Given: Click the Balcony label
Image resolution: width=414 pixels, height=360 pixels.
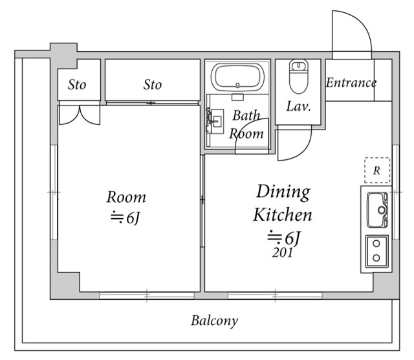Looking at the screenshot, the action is (x=214, y=321).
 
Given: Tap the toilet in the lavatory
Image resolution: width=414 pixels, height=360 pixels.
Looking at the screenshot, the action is (x=299, y=76).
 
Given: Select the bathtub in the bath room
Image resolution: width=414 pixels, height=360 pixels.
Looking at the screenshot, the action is (x=237, y=77).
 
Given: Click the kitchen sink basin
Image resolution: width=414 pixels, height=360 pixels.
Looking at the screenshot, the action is (x=377, y=210).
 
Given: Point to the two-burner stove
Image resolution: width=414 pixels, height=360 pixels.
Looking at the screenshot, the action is (x=376, y=251).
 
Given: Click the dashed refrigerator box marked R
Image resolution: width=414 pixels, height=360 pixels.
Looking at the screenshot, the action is (x=377, y=170).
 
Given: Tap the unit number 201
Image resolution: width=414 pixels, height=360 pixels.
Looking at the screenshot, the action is (x=282, y=253).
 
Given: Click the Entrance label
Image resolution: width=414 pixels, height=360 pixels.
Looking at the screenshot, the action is (x=351, y=83).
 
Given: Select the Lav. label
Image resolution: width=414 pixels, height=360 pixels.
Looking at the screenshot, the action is (x=298, y=107).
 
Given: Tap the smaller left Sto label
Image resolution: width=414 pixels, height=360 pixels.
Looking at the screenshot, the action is (x=77, y=85).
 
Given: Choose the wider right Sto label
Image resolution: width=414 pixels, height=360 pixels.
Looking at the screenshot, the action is (x=153, y=85).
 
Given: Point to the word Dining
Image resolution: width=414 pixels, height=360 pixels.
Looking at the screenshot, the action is (x=283, y=192).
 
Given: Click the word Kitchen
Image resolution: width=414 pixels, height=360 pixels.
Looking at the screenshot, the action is (x=283, y=214).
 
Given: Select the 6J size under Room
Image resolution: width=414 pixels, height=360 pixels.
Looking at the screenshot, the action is (x=125, y=218).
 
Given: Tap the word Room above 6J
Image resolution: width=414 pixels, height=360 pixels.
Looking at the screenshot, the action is (x=126, y=197).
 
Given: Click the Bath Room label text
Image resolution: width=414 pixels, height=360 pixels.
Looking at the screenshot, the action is (x=246, y=124).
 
